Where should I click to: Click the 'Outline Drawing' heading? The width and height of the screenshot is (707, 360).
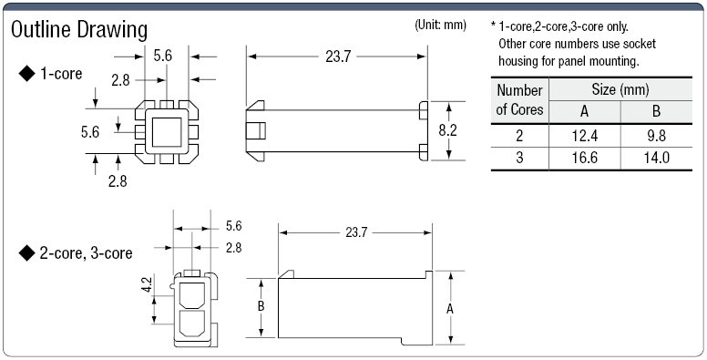tap(78, 29)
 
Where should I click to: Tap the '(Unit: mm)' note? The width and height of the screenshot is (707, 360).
tap(441, 23)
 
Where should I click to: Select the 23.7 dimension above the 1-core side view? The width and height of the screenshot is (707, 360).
tap(337, 57)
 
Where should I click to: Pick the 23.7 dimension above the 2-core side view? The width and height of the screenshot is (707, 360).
tap(356, 232)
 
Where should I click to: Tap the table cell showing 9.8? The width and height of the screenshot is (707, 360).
tap(657, 135)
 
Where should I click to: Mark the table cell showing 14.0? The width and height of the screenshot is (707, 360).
tap(657, 158)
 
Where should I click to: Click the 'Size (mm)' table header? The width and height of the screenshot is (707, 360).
tap(620, 89)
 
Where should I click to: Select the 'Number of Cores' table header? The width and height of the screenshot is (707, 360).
tap(520, 100)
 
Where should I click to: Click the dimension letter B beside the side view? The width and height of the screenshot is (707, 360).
tap(261, 307)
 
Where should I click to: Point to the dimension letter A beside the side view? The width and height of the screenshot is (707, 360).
tap(449, 308)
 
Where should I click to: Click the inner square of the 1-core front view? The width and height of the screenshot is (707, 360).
tap(164, 133)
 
